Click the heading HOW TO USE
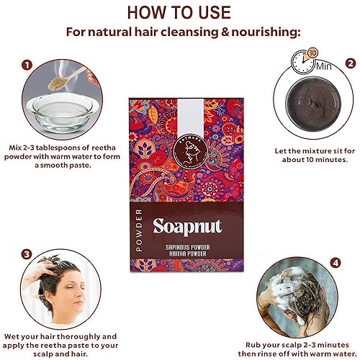(x=179, y=12)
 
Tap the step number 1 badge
(x=27, y=64)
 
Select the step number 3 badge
(x=26, y=253)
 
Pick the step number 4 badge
(x=334, y=263)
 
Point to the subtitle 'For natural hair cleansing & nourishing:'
(x=179, y=33)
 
